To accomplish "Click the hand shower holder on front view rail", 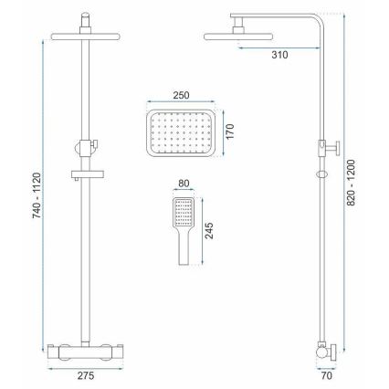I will tap(85, 145).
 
